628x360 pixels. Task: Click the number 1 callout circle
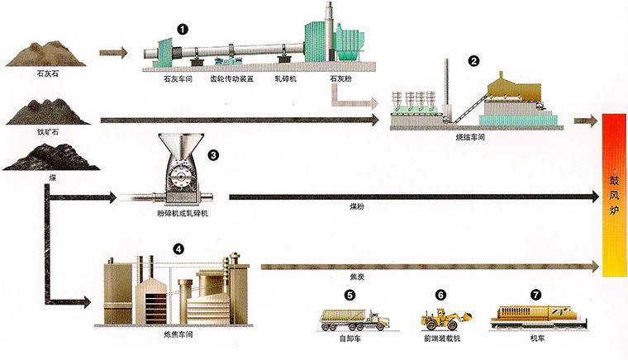click(x=183, y=27)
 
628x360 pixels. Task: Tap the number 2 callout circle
click(x=473, y=60)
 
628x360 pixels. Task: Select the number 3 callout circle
click(x=213, y=154)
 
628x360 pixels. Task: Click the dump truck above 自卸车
click(x=353, y=318)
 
